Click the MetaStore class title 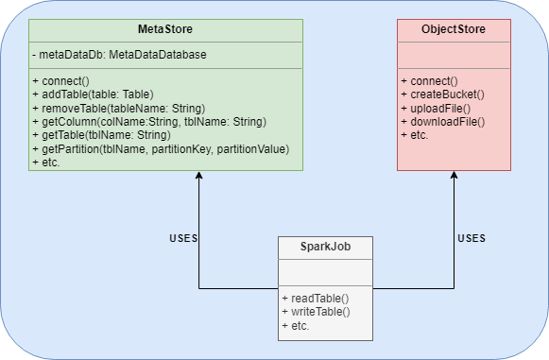165,30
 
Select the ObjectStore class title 454,30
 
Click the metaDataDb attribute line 119,55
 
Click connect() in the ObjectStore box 429,81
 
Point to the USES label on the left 182,238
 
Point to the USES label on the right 472,238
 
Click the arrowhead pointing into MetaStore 198,177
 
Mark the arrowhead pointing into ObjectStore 455,177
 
